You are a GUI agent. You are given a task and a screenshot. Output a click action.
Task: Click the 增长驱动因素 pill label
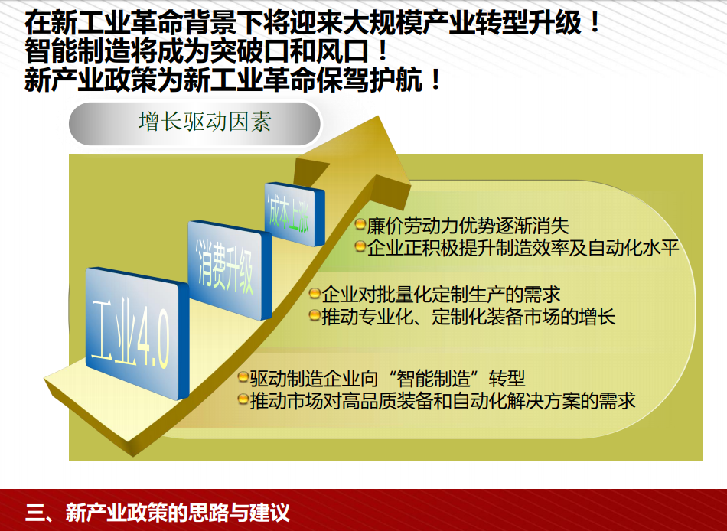[194, 123]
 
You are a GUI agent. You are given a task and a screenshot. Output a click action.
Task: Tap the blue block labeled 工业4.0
[137, 333]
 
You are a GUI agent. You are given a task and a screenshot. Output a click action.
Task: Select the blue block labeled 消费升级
[230, 270]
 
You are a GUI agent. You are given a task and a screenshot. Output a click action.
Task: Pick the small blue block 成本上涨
[294, 214]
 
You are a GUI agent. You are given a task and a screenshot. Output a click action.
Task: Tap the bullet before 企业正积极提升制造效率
[360, 246]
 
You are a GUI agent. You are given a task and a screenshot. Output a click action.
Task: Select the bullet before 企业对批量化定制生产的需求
[315, 294]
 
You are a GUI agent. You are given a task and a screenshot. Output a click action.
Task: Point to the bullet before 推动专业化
[315, 316]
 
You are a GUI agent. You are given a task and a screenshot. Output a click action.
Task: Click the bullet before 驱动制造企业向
[243, 377]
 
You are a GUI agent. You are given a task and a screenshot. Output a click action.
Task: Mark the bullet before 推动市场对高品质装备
[243, 399]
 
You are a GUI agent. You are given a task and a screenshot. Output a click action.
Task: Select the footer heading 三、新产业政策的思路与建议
[158, 513]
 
